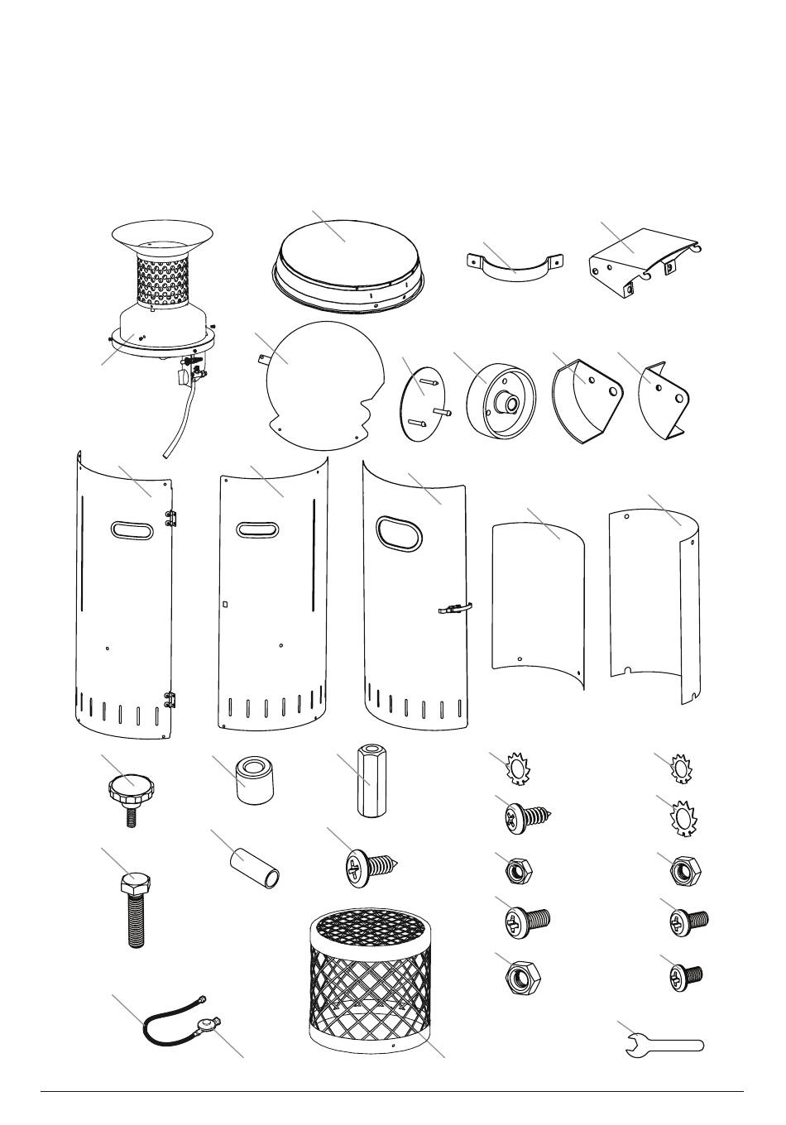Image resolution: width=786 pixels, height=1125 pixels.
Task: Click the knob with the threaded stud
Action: [130, 795]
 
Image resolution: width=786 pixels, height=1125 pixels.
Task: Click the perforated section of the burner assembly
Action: [161, 280]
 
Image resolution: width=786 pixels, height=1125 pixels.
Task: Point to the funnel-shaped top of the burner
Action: [163, 236]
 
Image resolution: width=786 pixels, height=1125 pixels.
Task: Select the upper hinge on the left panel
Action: [172, 518]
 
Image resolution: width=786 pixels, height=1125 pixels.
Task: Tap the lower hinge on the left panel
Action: [171, 699]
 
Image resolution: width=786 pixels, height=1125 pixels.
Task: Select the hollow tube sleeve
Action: [253, 869]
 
